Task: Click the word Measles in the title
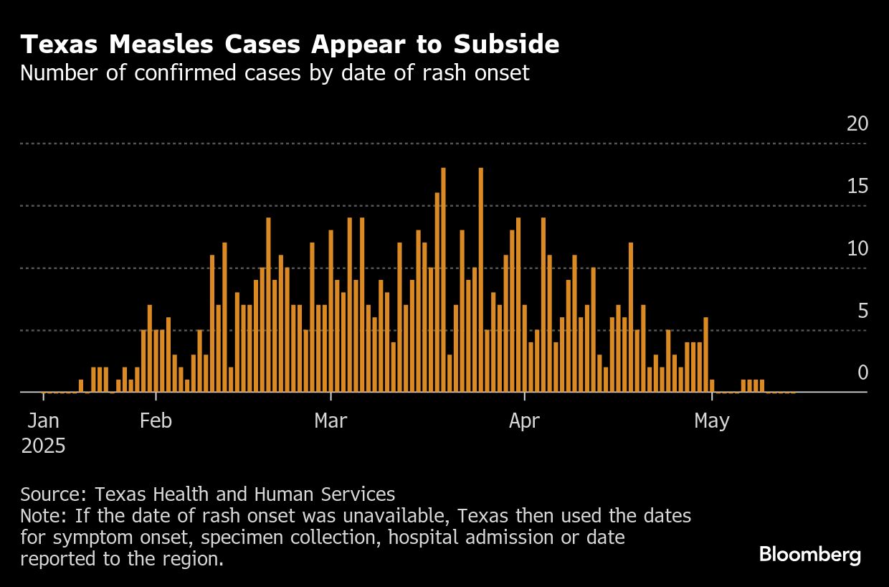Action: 151,44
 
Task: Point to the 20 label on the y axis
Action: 857,124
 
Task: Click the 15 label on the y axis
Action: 857,187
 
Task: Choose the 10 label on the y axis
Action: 857,249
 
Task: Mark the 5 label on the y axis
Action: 862,311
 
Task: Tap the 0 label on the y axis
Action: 862,373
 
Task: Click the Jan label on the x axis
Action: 43,421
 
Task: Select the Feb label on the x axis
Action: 156,421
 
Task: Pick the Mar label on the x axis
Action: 331,421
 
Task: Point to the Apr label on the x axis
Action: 525,421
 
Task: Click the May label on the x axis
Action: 711,421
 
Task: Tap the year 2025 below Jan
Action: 43,446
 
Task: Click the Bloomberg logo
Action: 809,555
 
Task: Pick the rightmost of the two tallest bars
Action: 480,280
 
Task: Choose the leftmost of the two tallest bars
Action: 443,280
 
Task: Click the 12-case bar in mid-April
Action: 631,317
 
